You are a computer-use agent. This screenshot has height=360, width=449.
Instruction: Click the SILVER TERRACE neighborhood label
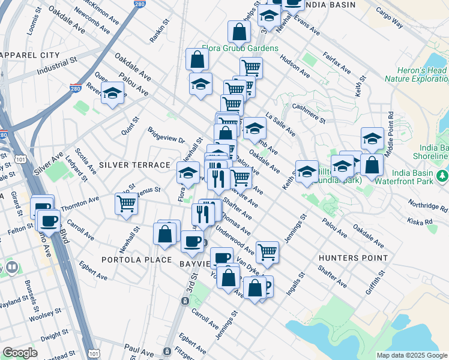pos(134,164)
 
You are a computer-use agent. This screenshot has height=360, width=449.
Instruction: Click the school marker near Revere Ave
pos(112,92)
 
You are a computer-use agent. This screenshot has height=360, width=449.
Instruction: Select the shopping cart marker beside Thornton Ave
pos(126,203)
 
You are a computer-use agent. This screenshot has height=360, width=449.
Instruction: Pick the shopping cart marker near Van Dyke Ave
pos(267,251)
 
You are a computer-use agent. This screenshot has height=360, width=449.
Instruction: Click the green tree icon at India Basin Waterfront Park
pos(442,175)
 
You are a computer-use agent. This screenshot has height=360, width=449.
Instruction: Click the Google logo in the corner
pos(20,353)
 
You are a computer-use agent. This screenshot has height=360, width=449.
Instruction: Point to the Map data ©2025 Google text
pos(411,355)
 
